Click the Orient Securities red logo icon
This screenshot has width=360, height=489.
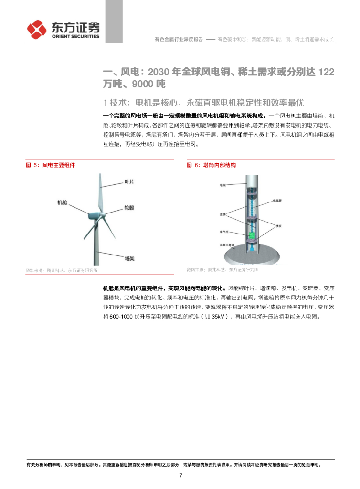point(37,30)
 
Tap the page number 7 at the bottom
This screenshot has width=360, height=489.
point(180,476)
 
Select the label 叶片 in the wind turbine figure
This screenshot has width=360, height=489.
point(129,182)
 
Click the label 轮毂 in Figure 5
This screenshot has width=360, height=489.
point(129,208)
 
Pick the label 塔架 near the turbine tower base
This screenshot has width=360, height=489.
point(129,258)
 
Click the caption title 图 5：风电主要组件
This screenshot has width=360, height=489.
point(50,165)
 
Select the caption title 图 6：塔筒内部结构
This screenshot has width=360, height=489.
point(211,165)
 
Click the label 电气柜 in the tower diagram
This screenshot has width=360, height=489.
point(224,232)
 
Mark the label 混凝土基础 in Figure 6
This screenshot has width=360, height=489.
point(227,244)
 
